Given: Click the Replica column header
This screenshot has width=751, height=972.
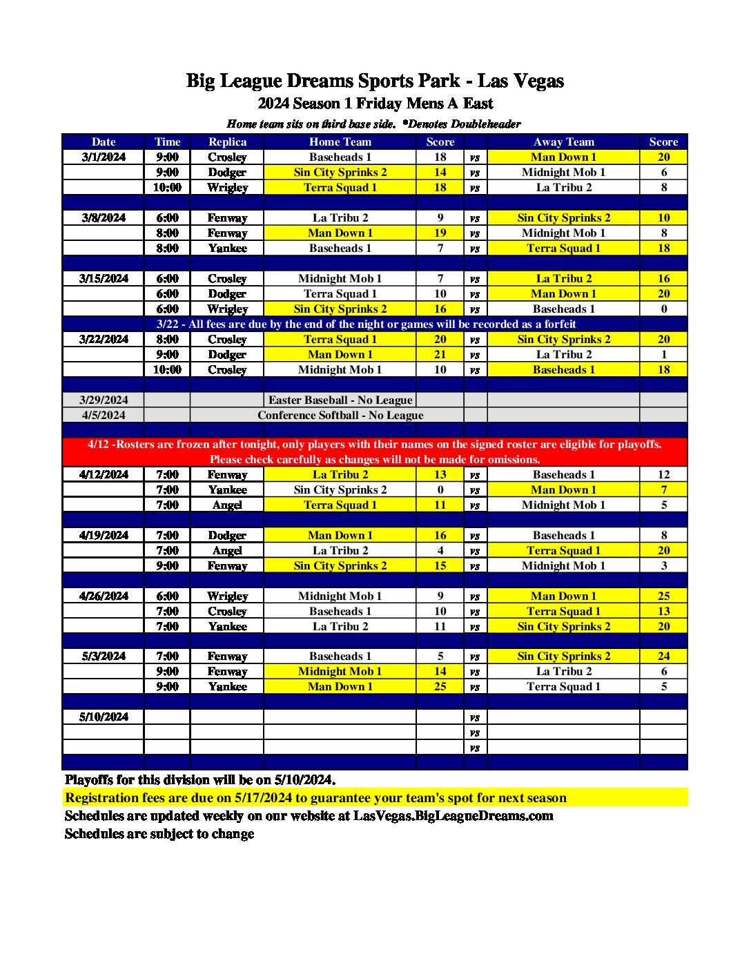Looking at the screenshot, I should pos(227,142).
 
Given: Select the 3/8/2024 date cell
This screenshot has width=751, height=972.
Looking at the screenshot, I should pos(104,217).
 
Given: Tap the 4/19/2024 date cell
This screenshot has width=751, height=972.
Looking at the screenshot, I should pos(104,535).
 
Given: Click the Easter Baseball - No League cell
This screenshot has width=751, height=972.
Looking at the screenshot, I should pos(340,400).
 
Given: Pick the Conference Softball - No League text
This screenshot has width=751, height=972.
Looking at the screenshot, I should pos(340,415).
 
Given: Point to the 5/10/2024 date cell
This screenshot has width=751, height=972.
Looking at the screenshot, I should pos(104,717).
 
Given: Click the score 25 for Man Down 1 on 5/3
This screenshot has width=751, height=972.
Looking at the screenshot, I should pos(440,686).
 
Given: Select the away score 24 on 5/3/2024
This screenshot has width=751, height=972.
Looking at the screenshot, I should pos(663,656).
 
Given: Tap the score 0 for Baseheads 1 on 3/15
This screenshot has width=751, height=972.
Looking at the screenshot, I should pos(663,309).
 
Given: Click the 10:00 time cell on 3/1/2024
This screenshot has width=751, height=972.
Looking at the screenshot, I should pos(167,187).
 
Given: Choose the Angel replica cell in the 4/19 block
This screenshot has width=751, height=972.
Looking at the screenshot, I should pos(227,550).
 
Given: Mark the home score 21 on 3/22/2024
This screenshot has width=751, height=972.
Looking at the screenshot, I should pos(440,354).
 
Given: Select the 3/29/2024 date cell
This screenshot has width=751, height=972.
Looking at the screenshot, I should pos(104,400).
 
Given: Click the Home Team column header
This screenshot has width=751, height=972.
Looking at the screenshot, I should pos(340,142).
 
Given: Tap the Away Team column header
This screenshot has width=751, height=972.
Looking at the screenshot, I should pos(563,142).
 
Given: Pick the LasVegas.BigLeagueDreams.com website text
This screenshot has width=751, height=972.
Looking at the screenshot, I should pos(453,815).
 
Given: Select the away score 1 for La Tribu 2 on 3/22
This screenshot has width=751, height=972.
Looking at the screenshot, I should pos(663,354).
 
